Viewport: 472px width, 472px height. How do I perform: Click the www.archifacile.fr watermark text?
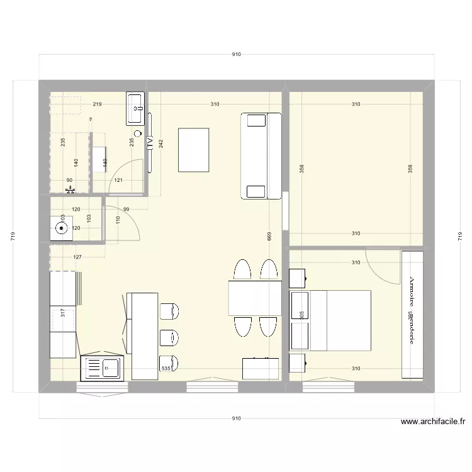click(433, 423)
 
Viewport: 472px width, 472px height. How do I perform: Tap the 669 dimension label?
click(269, 237)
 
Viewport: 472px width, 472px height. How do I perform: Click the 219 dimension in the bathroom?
click(97, 104)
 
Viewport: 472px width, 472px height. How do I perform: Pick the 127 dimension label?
click(78, 257)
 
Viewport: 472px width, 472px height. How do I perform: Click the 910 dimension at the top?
click(236, 55)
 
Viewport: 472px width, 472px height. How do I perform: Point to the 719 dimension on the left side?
click(13, 237)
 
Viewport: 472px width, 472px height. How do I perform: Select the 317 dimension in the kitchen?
click(62, 313)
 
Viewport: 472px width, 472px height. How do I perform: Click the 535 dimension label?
click(166, 369)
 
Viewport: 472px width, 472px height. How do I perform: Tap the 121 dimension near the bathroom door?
click(118, 181)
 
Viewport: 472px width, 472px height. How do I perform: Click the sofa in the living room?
click(261, 155)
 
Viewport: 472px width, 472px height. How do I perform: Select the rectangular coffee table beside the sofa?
click(193, 149)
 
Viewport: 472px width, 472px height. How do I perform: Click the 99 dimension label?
click(126, 209)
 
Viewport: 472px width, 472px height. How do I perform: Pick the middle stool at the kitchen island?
click(170, 339)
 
